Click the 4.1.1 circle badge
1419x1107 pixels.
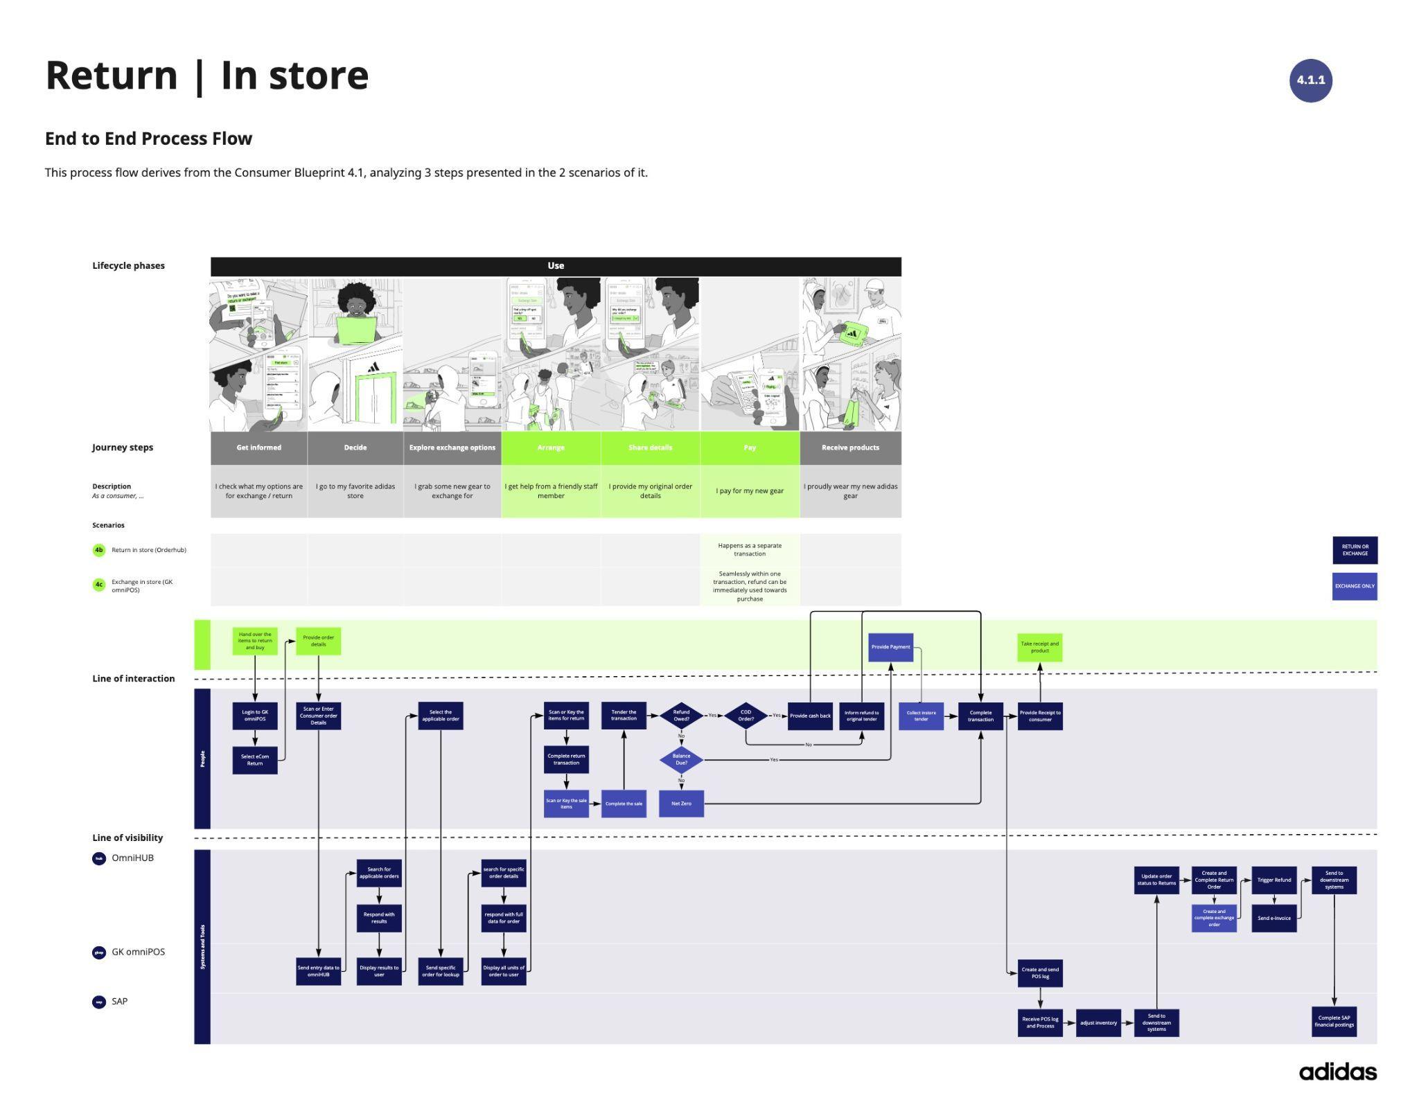[1310, 80]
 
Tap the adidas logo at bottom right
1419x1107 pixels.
[1337, 1072]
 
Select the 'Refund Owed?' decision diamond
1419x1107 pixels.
[681, 716]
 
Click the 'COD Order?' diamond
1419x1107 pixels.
[746, 716]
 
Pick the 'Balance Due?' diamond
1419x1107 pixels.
[681, 760]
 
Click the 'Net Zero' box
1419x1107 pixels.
[681, 804]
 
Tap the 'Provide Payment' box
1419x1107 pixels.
[890, 647]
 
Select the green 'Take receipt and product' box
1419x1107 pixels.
[1039, 647]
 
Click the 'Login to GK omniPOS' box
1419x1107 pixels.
[255, 716]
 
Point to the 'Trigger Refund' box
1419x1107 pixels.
[1273, 880]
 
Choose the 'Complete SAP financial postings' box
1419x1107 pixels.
[1334, 1022]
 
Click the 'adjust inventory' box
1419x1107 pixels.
[1098, 1022]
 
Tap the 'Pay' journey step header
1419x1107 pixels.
[750, 448]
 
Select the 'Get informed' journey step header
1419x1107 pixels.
[258, 448]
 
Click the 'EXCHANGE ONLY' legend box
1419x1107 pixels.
[1355, 586]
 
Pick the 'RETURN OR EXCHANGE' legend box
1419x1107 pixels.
[1355, 550]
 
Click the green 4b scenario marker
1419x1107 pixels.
[99, 550]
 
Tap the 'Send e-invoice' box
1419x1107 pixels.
[1273, 918]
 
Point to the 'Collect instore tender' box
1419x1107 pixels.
[921, 716]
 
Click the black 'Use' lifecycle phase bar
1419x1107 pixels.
[556, 266]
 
